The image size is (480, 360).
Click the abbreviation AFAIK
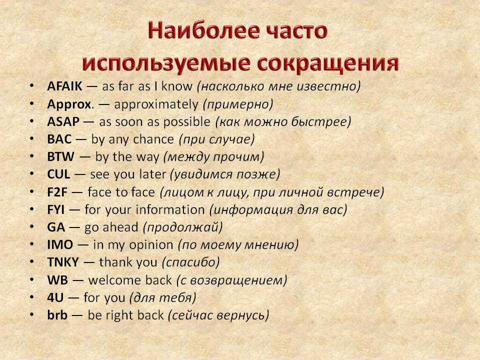[64, 86]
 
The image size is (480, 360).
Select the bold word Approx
[69, 104]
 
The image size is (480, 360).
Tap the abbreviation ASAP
[63, 122]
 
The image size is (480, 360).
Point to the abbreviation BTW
[60, 156]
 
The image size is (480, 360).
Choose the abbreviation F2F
[57, 192]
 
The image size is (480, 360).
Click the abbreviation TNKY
[63, 262]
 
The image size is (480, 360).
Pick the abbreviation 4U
[55, 297]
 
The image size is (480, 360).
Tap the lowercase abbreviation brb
[57, 315]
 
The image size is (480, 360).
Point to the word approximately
[156, 104]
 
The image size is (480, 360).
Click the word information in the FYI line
[170, 210]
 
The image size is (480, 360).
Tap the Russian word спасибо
[190, 262]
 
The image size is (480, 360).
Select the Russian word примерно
[238, 104]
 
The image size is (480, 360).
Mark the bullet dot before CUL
[32, 173]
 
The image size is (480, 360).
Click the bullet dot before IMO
[32, 244]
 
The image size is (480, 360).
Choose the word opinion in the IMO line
[151, 245]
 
